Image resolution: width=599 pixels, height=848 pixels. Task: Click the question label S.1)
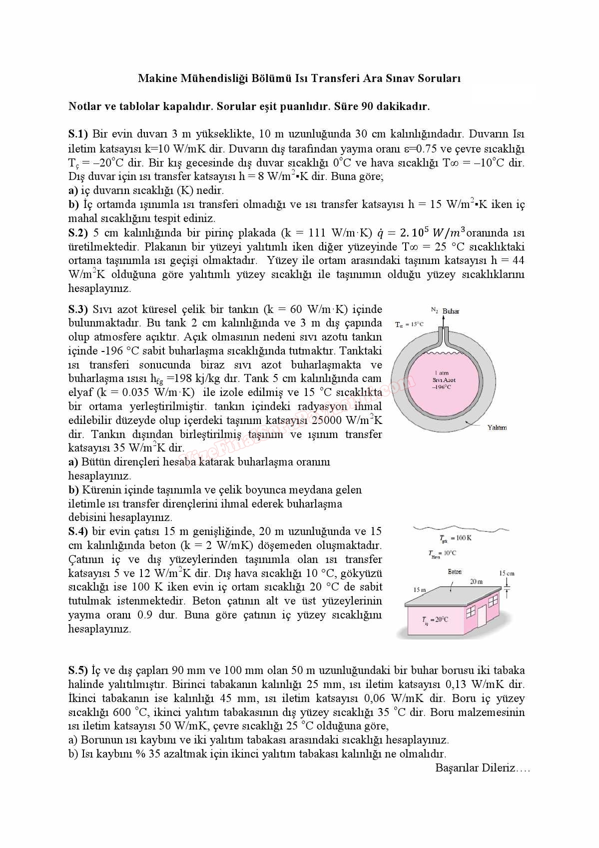78,134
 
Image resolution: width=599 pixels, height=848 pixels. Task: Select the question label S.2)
78,232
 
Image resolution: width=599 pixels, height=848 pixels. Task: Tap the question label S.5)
78,670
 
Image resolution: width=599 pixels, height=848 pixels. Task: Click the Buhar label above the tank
451,311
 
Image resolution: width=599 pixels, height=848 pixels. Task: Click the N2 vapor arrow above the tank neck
443,320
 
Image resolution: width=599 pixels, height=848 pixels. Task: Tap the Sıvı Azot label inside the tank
444,380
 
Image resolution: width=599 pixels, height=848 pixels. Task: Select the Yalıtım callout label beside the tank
497,427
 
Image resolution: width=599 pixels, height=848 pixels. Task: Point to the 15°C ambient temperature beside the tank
409,324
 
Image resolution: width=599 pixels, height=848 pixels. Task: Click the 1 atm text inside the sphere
442,373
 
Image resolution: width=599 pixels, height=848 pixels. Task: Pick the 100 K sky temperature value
463,538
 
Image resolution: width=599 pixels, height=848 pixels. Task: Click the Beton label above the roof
455,571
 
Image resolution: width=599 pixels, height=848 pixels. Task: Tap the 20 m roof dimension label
476,581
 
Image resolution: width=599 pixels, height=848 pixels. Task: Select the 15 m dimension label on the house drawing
420,589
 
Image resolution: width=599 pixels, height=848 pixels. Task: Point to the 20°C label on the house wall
436,619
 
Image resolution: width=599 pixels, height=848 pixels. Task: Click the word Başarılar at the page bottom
457,768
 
